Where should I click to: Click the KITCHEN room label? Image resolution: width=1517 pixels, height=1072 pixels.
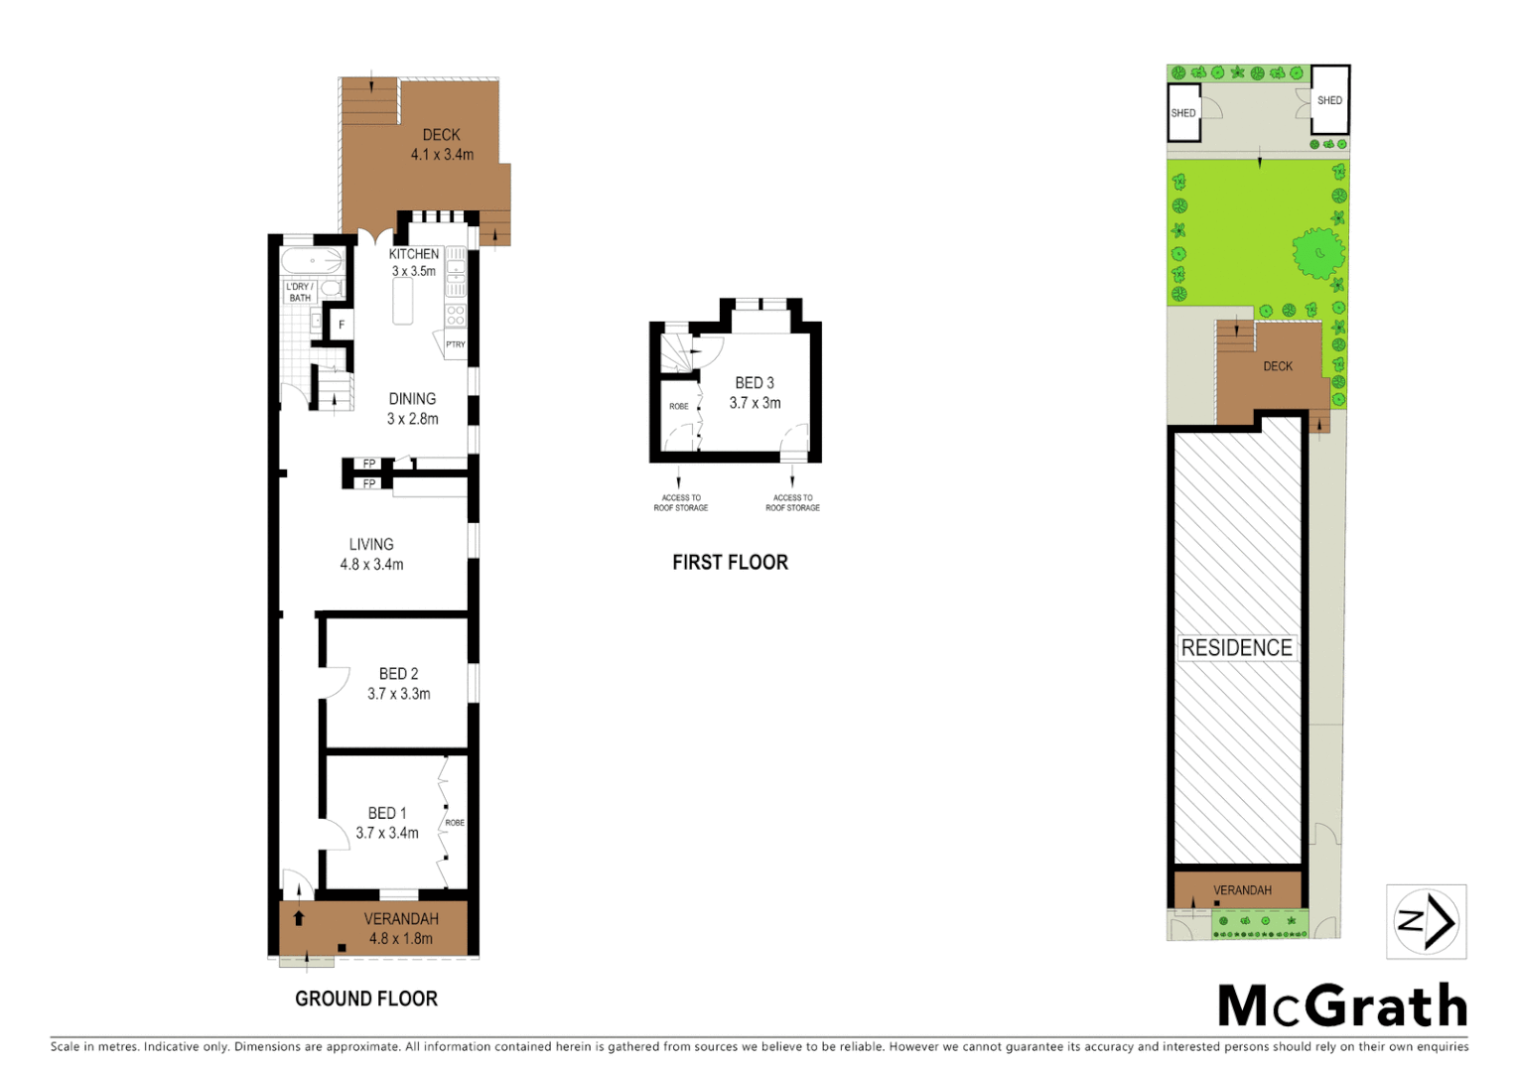[413, 254]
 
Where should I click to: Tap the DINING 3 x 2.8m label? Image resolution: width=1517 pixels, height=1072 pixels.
[412, 409]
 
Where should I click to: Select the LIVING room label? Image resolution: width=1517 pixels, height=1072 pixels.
[371, 544]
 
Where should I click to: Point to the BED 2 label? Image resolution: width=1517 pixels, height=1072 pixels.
[398, 674]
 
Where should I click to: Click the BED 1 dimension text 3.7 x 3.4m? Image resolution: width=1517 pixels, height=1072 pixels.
[387, 833]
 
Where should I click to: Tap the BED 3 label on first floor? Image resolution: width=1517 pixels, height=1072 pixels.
[755, 383]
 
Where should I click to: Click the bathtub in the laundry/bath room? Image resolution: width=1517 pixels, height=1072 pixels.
[311, 261]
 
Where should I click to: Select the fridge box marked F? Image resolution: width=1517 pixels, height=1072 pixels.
[341, 325]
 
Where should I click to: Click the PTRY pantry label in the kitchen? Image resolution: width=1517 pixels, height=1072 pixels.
[455, 344]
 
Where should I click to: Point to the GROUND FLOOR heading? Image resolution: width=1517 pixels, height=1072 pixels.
[366, 999]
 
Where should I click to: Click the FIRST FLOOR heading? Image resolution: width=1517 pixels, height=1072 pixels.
[730, 563]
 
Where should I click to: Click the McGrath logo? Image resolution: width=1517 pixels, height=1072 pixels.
[1342, 1006]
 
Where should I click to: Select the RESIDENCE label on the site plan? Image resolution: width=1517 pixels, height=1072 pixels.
[1236, 648]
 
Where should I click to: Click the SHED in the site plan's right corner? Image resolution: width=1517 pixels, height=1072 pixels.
[1329, 100]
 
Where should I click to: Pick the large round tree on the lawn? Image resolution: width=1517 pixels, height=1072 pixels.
[1318, 253]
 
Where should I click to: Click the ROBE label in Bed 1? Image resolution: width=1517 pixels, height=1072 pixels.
[455, 823]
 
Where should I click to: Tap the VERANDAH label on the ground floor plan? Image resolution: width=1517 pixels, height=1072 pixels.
[401, 919]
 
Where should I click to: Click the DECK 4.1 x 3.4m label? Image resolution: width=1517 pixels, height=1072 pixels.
[442, 144]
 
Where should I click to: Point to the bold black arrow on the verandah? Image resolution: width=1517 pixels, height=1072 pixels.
[299, 918]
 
